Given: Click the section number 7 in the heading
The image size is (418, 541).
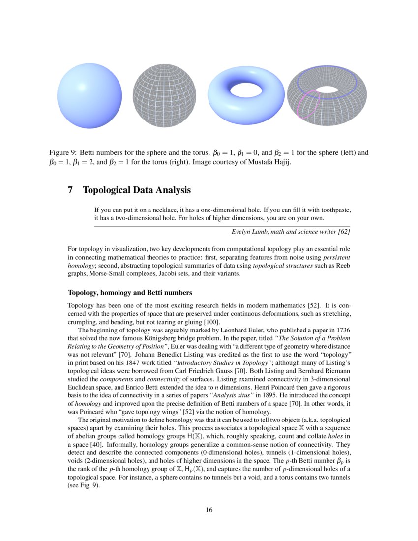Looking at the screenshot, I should coord(70,190).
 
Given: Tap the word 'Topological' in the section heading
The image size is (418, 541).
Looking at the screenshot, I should coord(108,190).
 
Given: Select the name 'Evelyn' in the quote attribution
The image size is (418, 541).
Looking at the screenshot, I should coord(241,232).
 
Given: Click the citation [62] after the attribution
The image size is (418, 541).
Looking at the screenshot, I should coord(343,232).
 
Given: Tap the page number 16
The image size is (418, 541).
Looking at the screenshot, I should coord(209,510).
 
